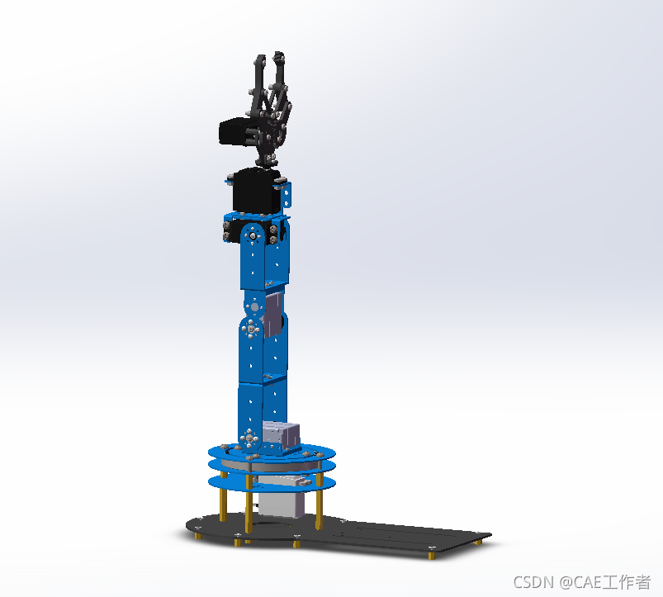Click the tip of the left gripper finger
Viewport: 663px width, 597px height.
259,57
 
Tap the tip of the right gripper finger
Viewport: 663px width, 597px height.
279,54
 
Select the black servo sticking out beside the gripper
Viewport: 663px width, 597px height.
235,131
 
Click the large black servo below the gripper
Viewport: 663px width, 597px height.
257,191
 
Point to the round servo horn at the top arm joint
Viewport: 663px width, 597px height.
253,235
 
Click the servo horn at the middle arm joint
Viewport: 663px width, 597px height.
251,329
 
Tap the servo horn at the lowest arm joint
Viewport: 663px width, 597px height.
249,438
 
